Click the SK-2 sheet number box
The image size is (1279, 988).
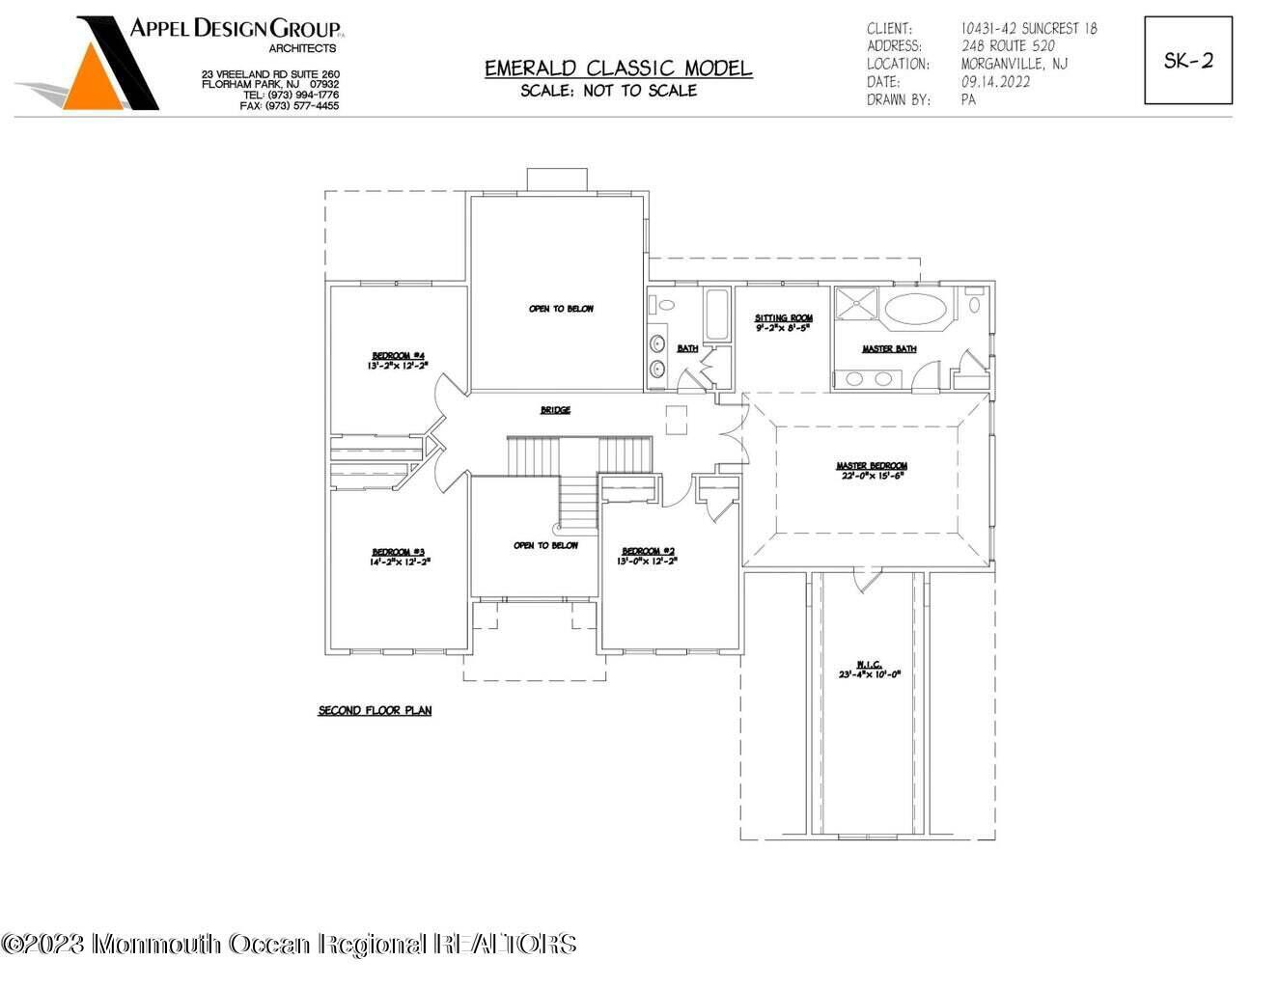point(1188,60)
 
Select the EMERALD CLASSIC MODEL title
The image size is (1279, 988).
point(618,69)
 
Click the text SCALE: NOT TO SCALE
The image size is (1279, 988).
point(608,91)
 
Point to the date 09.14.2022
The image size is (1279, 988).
point(995,82)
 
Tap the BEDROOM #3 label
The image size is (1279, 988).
point(399,556)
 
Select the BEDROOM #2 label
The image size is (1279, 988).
point(647,556)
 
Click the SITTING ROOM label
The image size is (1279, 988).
point(783,322)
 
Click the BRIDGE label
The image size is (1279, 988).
point(555,410)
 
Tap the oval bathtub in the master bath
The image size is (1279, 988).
point(916,310)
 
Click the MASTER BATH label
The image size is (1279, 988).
point(889,348)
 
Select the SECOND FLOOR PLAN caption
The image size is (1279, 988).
point(375,711)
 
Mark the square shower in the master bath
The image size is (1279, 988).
point(856,304)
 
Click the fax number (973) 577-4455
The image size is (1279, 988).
point(302,106)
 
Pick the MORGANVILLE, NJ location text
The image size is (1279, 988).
point(1015,64)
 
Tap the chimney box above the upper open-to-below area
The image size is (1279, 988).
point(557,180)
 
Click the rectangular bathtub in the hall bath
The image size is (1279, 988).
point(716,315)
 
